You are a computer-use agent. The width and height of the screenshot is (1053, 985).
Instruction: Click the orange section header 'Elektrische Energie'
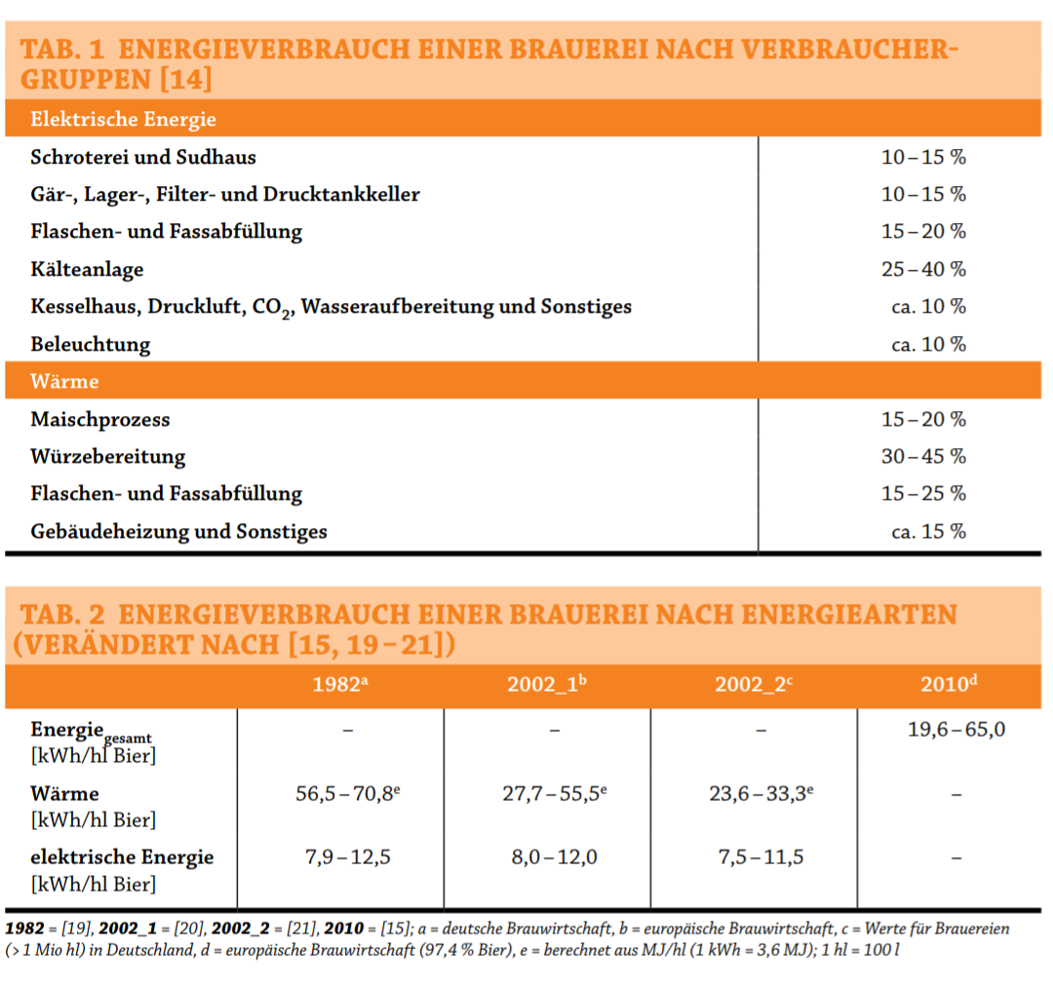point(123,120)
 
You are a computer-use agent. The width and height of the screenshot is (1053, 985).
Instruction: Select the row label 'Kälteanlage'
point(87,269)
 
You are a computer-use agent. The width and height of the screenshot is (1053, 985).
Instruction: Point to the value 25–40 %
point(923,269)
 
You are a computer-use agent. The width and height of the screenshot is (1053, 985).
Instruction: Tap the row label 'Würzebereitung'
point(107,457)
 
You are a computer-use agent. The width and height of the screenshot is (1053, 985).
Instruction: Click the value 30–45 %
point(923,457)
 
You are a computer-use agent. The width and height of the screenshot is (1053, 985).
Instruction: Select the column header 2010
point(948,684)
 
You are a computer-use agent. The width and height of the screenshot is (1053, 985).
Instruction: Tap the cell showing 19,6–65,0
point(956,730)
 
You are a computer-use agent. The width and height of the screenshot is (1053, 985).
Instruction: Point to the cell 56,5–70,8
point(347,794)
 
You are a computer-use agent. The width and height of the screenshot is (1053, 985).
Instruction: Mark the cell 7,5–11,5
point(760,857)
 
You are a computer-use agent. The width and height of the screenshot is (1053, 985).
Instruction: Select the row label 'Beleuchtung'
point(91,345)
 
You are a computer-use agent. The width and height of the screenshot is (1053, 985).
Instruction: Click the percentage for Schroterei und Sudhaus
point(923,157)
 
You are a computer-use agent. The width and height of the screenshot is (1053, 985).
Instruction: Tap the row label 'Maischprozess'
point(99,420)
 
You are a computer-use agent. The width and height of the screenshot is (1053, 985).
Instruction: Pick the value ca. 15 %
point(928,532)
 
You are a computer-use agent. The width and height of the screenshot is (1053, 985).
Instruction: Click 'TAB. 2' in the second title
point(62,615)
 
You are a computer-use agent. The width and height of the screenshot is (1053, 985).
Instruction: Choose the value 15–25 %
point(923,494)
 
